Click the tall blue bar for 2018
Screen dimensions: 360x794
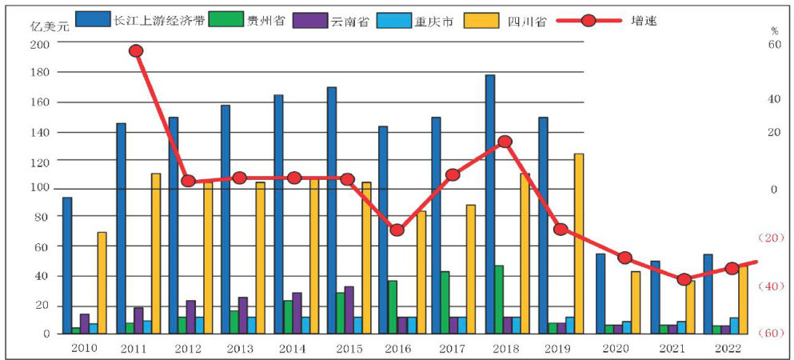[x=489, y=204]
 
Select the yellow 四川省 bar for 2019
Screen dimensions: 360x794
[x=578, y=243]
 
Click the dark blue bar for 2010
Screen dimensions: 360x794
[x=67, y=265]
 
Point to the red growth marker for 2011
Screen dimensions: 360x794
[x=136, y=51]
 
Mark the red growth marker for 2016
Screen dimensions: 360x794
[x=397, y=230]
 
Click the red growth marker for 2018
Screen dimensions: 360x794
[x=504, y=142]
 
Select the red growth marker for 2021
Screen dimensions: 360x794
[x=684, y=279]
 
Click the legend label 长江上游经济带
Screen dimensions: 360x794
[x=159, y=20]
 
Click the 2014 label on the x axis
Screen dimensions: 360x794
[x=293, y=349]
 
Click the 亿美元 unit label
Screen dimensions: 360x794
[x=47, y=26]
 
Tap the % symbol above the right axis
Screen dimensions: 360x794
[x=774, y=30]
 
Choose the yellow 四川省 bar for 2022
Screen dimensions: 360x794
[x=743, y=300]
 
